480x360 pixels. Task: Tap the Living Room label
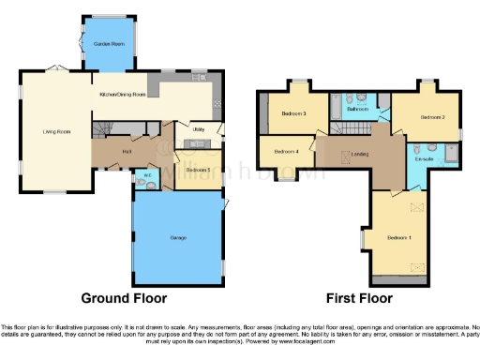pos(57,131)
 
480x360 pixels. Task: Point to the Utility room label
pos(199,129)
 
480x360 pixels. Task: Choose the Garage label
pos(176,238)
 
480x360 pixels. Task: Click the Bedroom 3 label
pos(293,114)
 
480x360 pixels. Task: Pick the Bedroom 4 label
pos(286,151)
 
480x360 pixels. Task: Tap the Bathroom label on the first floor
pos(357,110)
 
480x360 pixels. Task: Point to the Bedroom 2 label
pos(431,117)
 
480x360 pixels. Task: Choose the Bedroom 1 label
pos(400,236)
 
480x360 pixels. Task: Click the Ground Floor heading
pos(124,298)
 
